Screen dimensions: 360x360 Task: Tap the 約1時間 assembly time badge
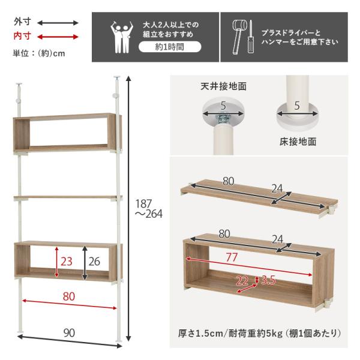169,46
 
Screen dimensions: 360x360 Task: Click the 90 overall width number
70,333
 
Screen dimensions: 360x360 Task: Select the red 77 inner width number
232,257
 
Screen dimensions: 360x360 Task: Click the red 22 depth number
242,281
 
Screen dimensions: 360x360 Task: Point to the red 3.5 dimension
268,280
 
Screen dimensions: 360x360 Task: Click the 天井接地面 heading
223,86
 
